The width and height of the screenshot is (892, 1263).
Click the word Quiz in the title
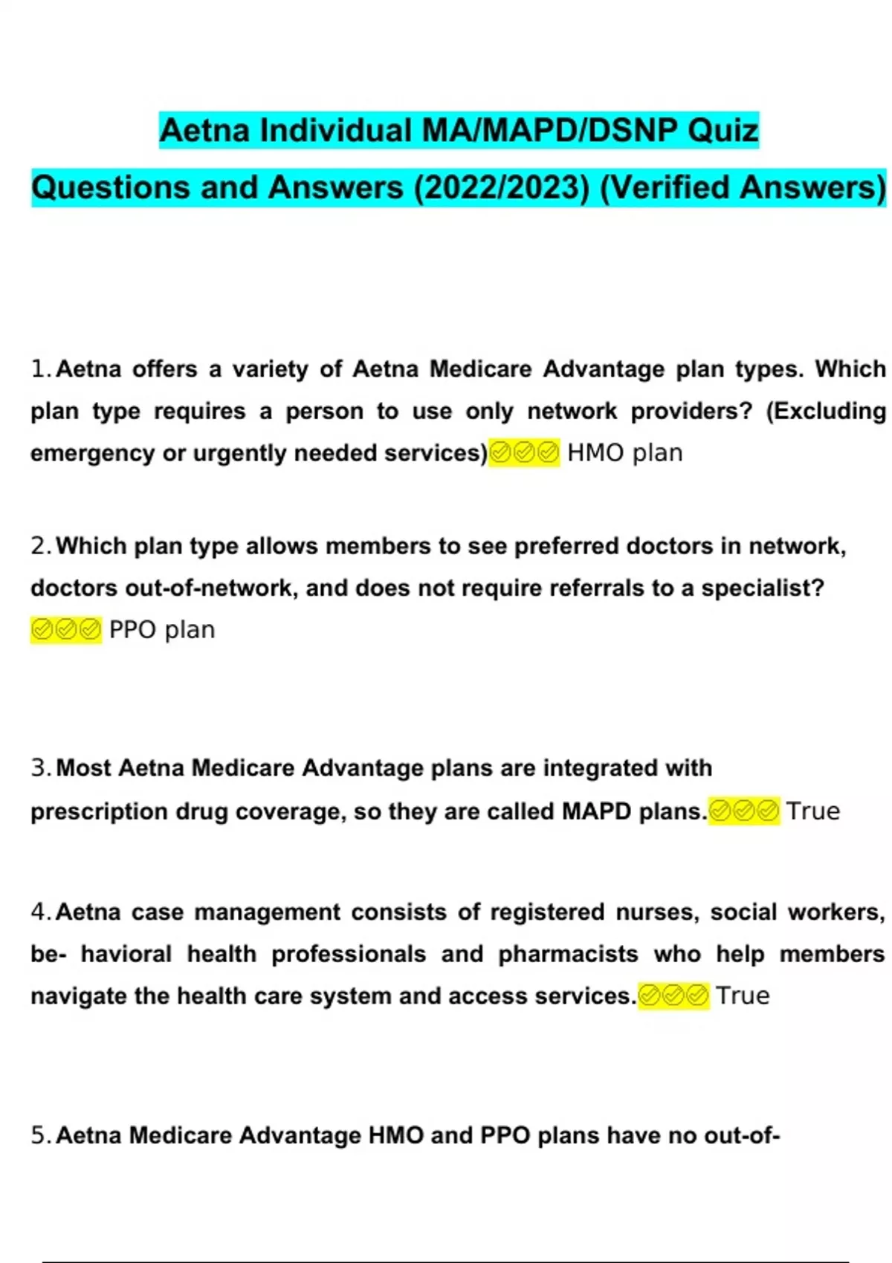[x=723, y=131]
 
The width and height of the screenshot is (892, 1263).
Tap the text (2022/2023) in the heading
[x=502, y=187]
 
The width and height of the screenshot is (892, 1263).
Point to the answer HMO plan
[x=624, y=452]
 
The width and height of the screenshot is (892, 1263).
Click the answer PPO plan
[x=162, y=630]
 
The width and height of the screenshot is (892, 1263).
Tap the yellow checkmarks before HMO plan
[x=524, y=452]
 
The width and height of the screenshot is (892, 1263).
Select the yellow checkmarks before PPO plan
[x=66, y=630]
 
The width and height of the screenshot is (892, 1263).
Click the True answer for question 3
[x=813, y=811]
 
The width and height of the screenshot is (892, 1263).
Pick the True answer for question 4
[x=743, y=996]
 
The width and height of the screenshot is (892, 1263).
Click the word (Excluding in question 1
[x=826, y=411]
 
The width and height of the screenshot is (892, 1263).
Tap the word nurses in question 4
[x=657, y=912]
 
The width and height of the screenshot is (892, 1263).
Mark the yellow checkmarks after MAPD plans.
[x=744, y=811]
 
